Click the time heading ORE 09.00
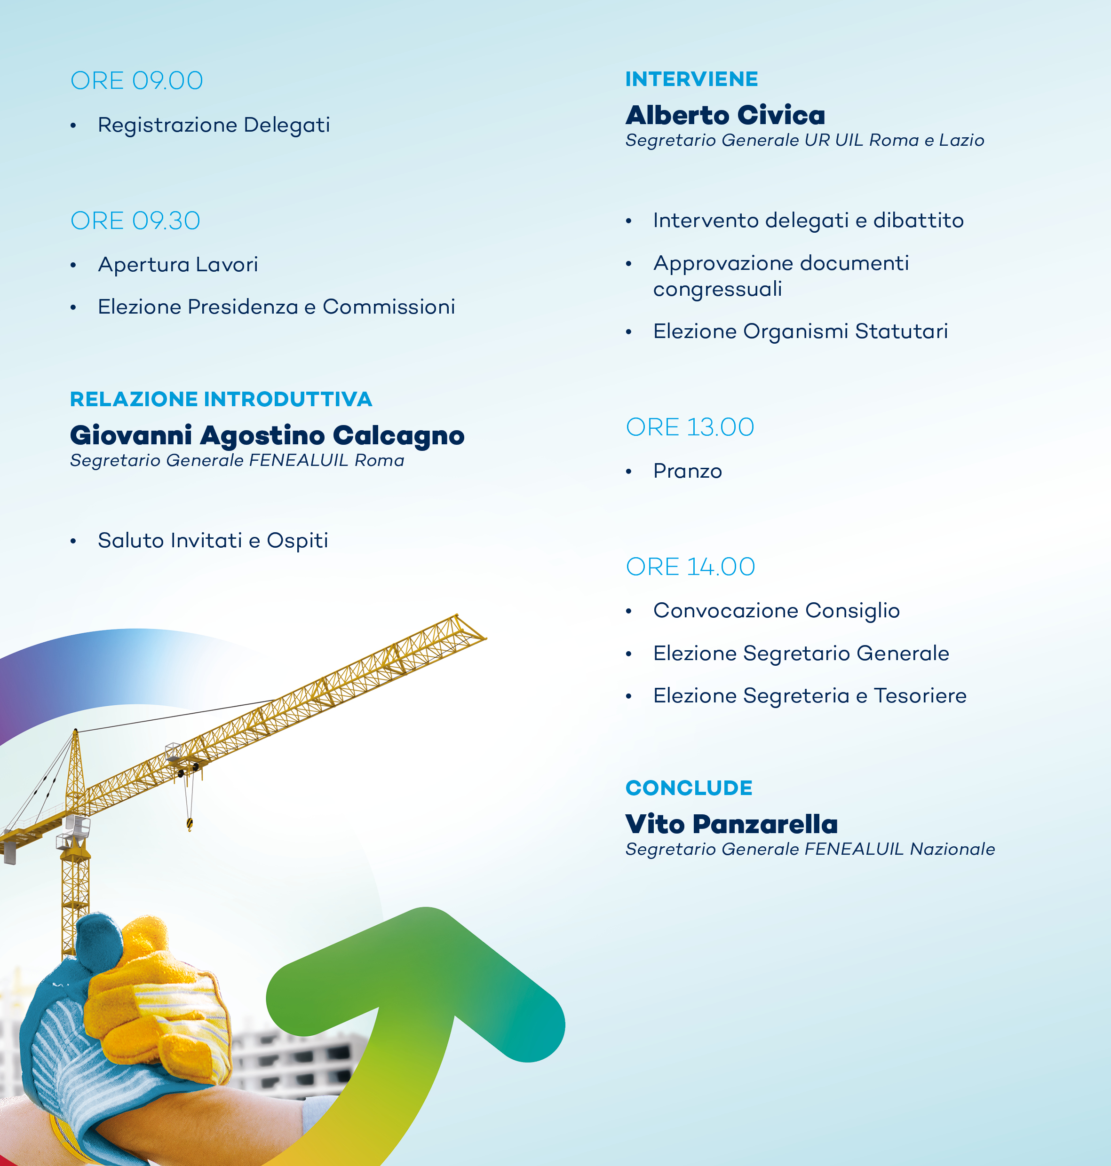tap(137, 80)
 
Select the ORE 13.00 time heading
tap(690, 427)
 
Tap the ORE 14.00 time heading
tap(690, 567)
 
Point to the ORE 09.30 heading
tap(135, 221)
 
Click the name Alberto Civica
tap(725, 115)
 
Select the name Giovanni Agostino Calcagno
tap(267, 436)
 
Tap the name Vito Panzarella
tap(732, 824)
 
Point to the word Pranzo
tap(688, 471)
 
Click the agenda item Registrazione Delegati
tap(214, 126)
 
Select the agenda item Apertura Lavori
tap(178, 265)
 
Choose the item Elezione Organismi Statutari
tap(801, 332)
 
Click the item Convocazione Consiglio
tap(777, 611)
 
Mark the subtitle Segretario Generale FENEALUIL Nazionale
tap(810, 849)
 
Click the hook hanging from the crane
tap(190, 823)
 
